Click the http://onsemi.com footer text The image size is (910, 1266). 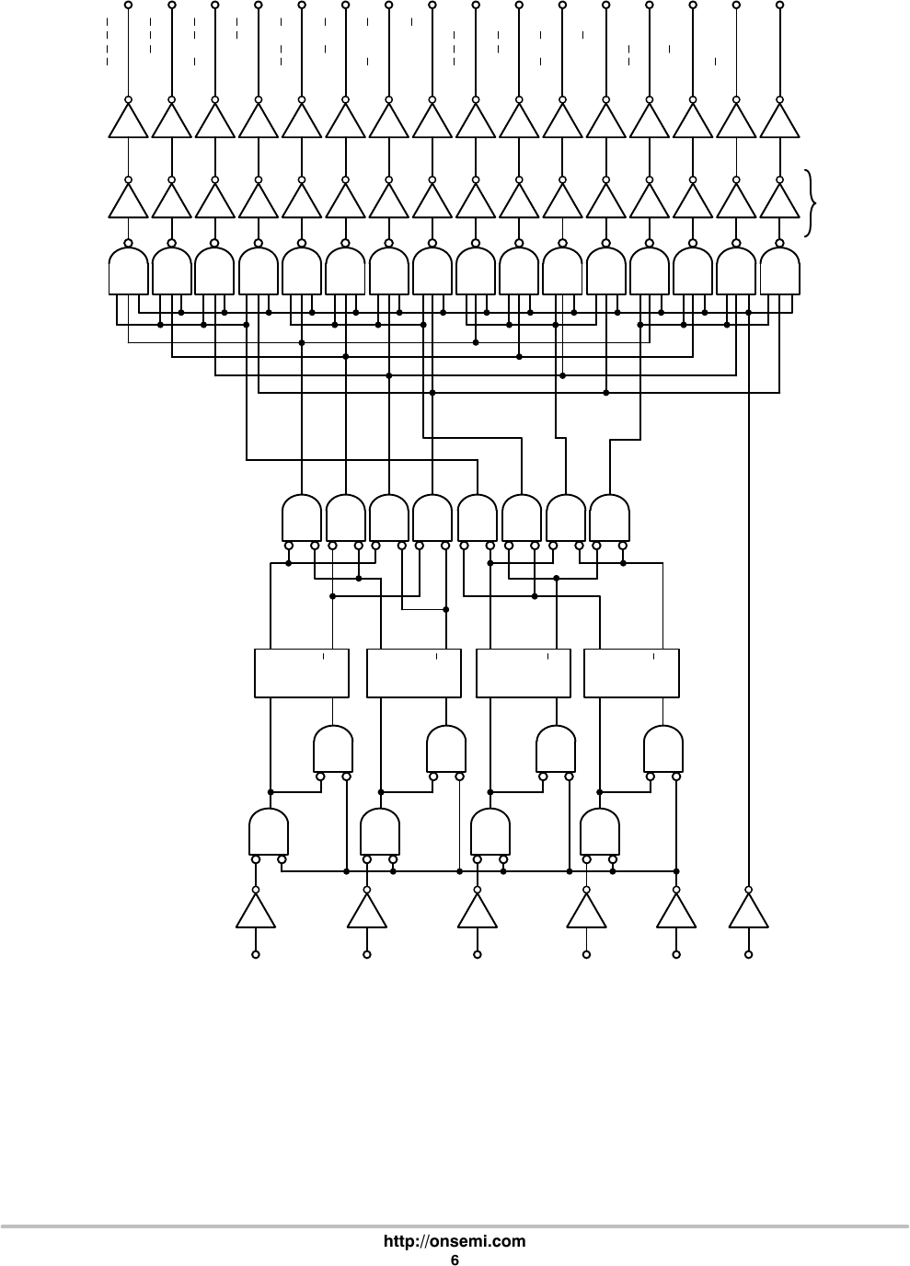coord(455,1241)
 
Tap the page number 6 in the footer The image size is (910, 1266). coord(455,1259)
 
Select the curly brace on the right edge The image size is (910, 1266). coord(810,202)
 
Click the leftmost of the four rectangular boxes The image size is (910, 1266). coord(301,673)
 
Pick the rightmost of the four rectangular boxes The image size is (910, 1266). coord(631,673)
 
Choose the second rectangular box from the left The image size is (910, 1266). coord(413,673)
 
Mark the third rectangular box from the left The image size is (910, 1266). coord(524,673)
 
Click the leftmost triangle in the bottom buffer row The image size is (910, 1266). coord(256,912)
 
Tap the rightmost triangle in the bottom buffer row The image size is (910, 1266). coord(749,912)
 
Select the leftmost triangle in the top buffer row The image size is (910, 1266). coord(128,121)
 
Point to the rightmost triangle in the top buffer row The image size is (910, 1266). coord(780,121)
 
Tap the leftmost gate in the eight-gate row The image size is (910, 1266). coord(302,519)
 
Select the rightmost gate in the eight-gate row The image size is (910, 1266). coord(609,519)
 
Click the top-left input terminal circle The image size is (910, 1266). coord(128,5)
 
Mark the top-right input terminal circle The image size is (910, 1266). coord(780,5)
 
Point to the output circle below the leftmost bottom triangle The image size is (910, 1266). coord(256,955)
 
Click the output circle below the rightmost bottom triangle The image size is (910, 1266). coord(749,955)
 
